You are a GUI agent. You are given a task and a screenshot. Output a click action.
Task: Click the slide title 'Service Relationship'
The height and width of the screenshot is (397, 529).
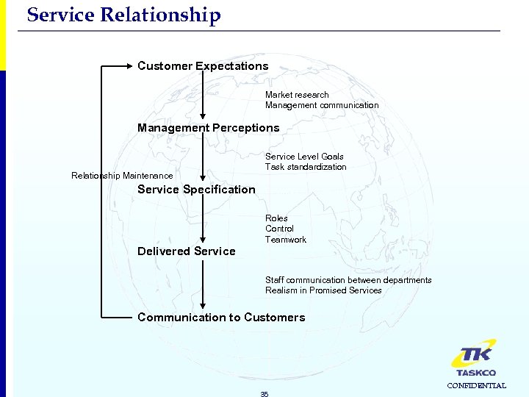pyautogui.click(x=123, y=15)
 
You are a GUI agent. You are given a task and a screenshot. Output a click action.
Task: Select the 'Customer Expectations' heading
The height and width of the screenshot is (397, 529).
pyautogui.click(x=203, y=66)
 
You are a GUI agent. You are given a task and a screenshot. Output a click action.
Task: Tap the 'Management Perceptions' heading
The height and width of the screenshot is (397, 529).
pyautogui.click(x=208, y=128)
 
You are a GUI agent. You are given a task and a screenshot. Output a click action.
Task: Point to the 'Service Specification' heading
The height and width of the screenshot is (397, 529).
pyautogui.click(x=196, y=190)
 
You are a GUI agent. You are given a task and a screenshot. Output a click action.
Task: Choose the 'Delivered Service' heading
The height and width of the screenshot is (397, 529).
pyautogui.click(x=187, y=251)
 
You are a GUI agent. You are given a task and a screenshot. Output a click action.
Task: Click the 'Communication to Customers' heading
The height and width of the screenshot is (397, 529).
pyautogui.click(x=220, y=318)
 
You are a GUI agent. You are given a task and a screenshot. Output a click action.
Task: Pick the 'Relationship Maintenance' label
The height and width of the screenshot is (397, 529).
pyautogui.click(x=122, y=176)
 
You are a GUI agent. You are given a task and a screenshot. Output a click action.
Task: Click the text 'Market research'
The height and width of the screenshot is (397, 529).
pyautogui.click(x=297, y=95)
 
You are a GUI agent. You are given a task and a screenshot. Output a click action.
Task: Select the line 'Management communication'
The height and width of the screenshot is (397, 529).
pyautogui.click(x=322, y=105)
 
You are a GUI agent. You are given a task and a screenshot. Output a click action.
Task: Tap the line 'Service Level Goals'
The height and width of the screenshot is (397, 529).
pyautogui.click(x=304, y=157)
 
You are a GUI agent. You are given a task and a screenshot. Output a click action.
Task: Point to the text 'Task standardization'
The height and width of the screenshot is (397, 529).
pyautogui.click(x=306, y=167)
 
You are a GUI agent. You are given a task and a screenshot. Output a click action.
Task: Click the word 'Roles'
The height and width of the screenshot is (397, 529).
pyautogui.click(x=276, y=218)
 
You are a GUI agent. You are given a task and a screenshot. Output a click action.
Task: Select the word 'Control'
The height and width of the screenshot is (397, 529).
pyautogui.click(x=279, y=229)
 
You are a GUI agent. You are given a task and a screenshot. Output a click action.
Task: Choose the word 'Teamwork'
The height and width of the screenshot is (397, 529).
pyautogui.click(x=286, y=240)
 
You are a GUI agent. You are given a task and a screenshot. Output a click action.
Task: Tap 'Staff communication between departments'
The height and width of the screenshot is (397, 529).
pyautogui.click(x=348, y=280)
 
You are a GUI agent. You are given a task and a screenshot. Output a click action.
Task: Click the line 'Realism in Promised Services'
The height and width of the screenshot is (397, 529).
pyautogui.click(x=323, y=290)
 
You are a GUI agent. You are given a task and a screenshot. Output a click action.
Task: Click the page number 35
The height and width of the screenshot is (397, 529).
pyautogui.click(x=264, y=394)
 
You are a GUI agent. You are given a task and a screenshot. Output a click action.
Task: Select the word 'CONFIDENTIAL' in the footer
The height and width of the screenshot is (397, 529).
pyautogui.click(x=476, y=385)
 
